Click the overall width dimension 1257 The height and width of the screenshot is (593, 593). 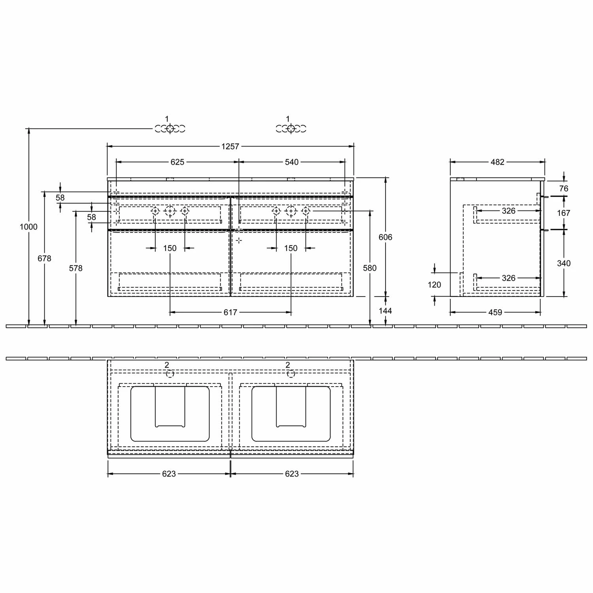tap(230, 146)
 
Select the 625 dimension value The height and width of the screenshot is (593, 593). tap(178, 162)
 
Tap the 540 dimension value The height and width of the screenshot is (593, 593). tap(292, 162)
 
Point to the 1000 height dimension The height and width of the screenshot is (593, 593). tap(28, 227)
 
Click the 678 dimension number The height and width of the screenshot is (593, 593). tap(44, 258)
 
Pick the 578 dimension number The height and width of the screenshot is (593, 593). tap(76, 268)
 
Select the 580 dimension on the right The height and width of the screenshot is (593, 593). tap(370, 268)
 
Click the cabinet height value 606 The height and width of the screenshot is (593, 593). tap(385, 237)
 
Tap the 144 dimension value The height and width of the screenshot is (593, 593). tap(385, 311)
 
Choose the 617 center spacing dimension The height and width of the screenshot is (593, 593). tap(230, 312)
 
